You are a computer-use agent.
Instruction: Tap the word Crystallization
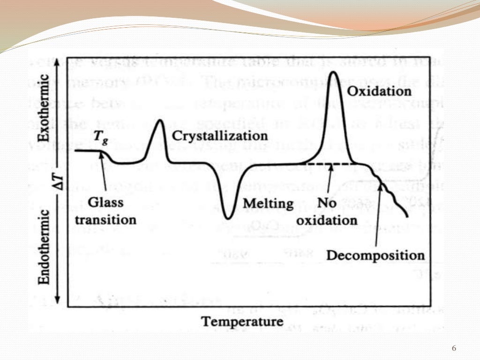[x=219, y=136]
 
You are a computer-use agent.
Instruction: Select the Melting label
[x=268, y=204]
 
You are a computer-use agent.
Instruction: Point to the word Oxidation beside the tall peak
[x=379, y=90]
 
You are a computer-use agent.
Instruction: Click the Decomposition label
[x=375, y=256]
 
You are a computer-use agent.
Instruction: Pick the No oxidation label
[x=337, y=212]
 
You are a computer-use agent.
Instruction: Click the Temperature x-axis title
[x=242, y=322]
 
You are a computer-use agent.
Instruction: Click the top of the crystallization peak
[x=160, y=121]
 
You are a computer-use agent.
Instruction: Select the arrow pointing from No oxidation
[x=330, y=180]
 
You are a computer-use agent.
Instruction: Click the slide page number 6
[x=453, y=348]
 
